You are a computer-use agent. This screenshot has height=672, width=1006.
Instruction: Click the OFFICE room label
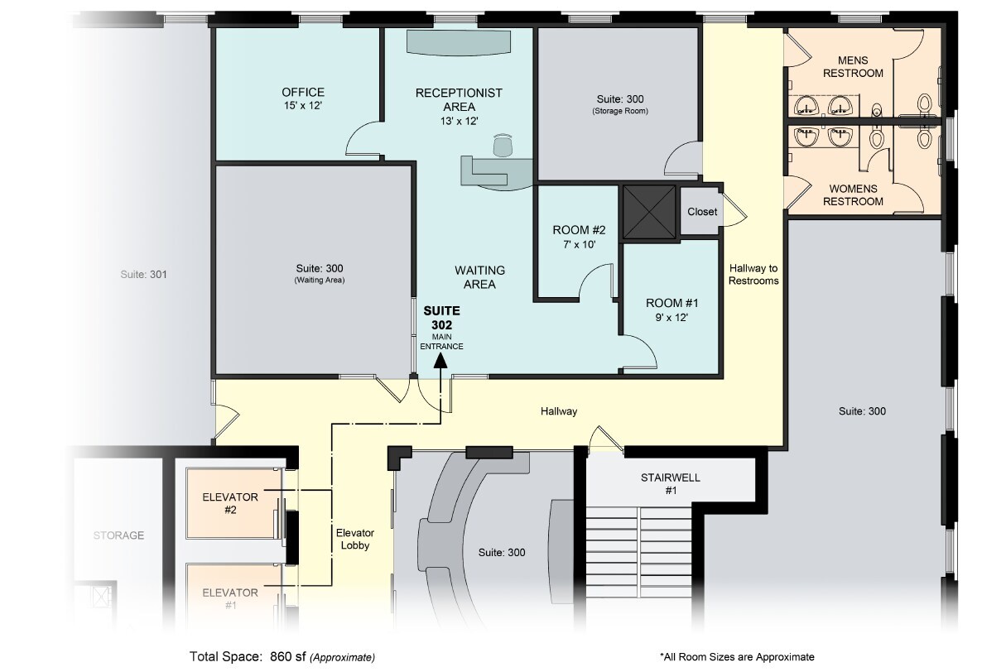click(x=303, y=92)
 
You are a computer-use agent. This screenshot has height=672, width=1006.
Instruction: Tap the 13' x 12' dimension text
click(x=459, y=121)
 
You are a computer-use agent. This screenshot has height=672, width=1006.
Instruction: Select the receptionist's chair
click(x=503, y=145)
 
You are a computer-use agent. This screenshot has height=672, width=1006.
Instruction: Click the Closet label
click(x=702, y=211)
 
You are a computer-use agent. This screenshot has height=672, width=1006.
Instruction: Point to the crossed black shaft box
click(x=649, y=212)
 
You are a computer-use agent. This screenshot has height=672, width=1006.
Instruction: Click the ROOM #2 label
click(x=579, y=230)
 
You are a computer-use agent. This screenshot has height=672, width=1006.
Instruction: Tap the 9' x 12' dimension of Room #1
click(x=671, y=317)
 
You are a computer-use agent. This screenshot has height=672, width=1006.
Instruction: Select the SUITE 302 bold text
click(x=442, y=317)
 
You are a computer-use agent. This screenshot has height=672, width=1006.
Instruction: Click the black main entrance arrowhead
click(x=440, y=361)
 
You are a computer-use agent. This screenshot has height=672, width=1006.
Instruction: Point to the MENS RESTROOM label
click(x=853, y=66)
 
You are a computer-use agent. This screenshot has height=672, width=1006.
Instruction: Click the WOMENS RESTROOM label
click(x=853, y=194)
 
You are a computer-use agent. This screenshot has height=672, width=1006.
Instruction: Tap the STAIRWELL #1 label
click(x=671, y=484)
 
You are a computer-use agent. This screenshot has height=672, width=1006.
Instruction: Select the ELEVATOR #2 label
click(x=230, y=503)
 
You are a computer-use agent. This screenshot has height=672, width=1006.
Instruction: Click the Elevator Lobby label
click(x=355, y=539)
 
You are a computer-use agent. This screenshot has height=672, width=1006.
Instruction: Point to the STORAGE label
click(x=118, y=535)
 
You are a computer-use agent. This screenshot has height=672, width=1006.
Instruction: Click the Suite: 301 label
click(x=144, y=274)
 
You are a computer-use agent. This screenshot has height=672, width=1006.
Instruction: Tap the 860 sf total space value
click(x=288, y=656)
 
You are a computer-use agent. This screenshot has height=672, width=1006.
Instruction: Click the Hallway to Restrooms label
click(x=753, y=274)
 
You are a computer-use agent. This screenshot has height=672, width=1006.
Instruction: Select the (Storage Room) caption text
click(x=620, y=111)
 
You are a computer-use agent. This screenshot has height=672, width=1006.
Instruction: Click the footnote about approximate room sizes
click(x=737, y=657)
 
